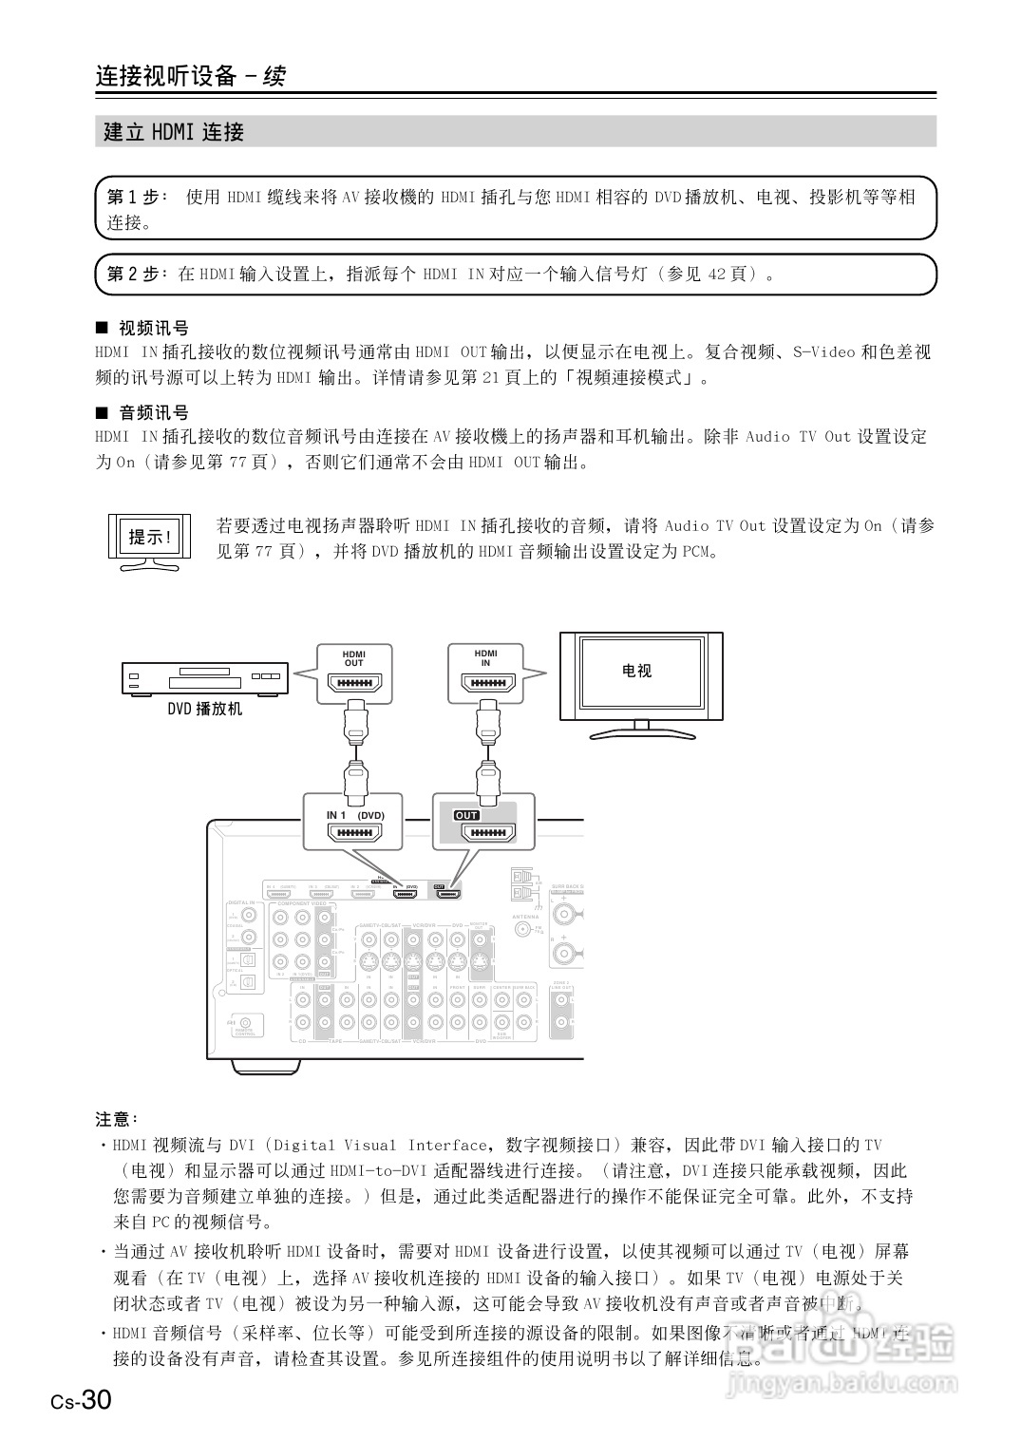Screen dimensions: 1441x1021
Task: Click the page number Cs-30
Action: [x=82, y=1399]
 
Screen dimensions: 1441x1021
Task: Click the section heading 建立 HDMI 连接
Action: [x=174, y=132]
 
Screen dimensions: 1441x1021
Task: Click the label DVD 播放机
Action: [x=205, y=709]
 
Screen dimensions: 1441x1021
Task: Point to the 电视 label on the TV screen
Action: [x=636, y=671]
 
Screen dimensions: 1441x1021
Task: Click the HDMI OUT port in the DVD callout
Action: [x=353, y=684]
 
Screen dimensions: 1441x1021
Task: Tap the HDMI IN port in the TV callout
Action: [x=486, y=684]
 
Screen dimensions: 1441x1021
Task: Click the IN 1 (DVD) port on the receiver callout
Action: [x=354, y=833]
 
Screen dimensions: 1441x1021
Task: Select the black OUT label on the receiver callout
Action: [x=466, y=815]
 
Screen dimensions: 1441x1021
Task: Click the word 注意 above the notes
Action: [x=116, y=1118]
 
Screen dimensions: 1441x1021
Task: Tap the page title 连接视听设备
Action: [x=165, y=76]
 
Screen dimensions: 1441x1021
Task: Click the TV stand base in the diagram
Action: [x=641, y=733]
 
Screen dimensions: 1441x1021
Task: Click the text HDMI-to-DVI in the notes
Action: [x=379, y=1170]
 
